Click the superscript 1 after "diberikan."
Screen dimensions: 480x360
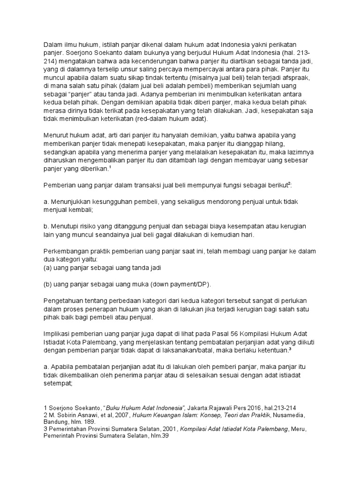(110, 167)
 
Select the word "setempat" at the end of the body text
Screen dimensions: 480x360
(57, 383)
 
